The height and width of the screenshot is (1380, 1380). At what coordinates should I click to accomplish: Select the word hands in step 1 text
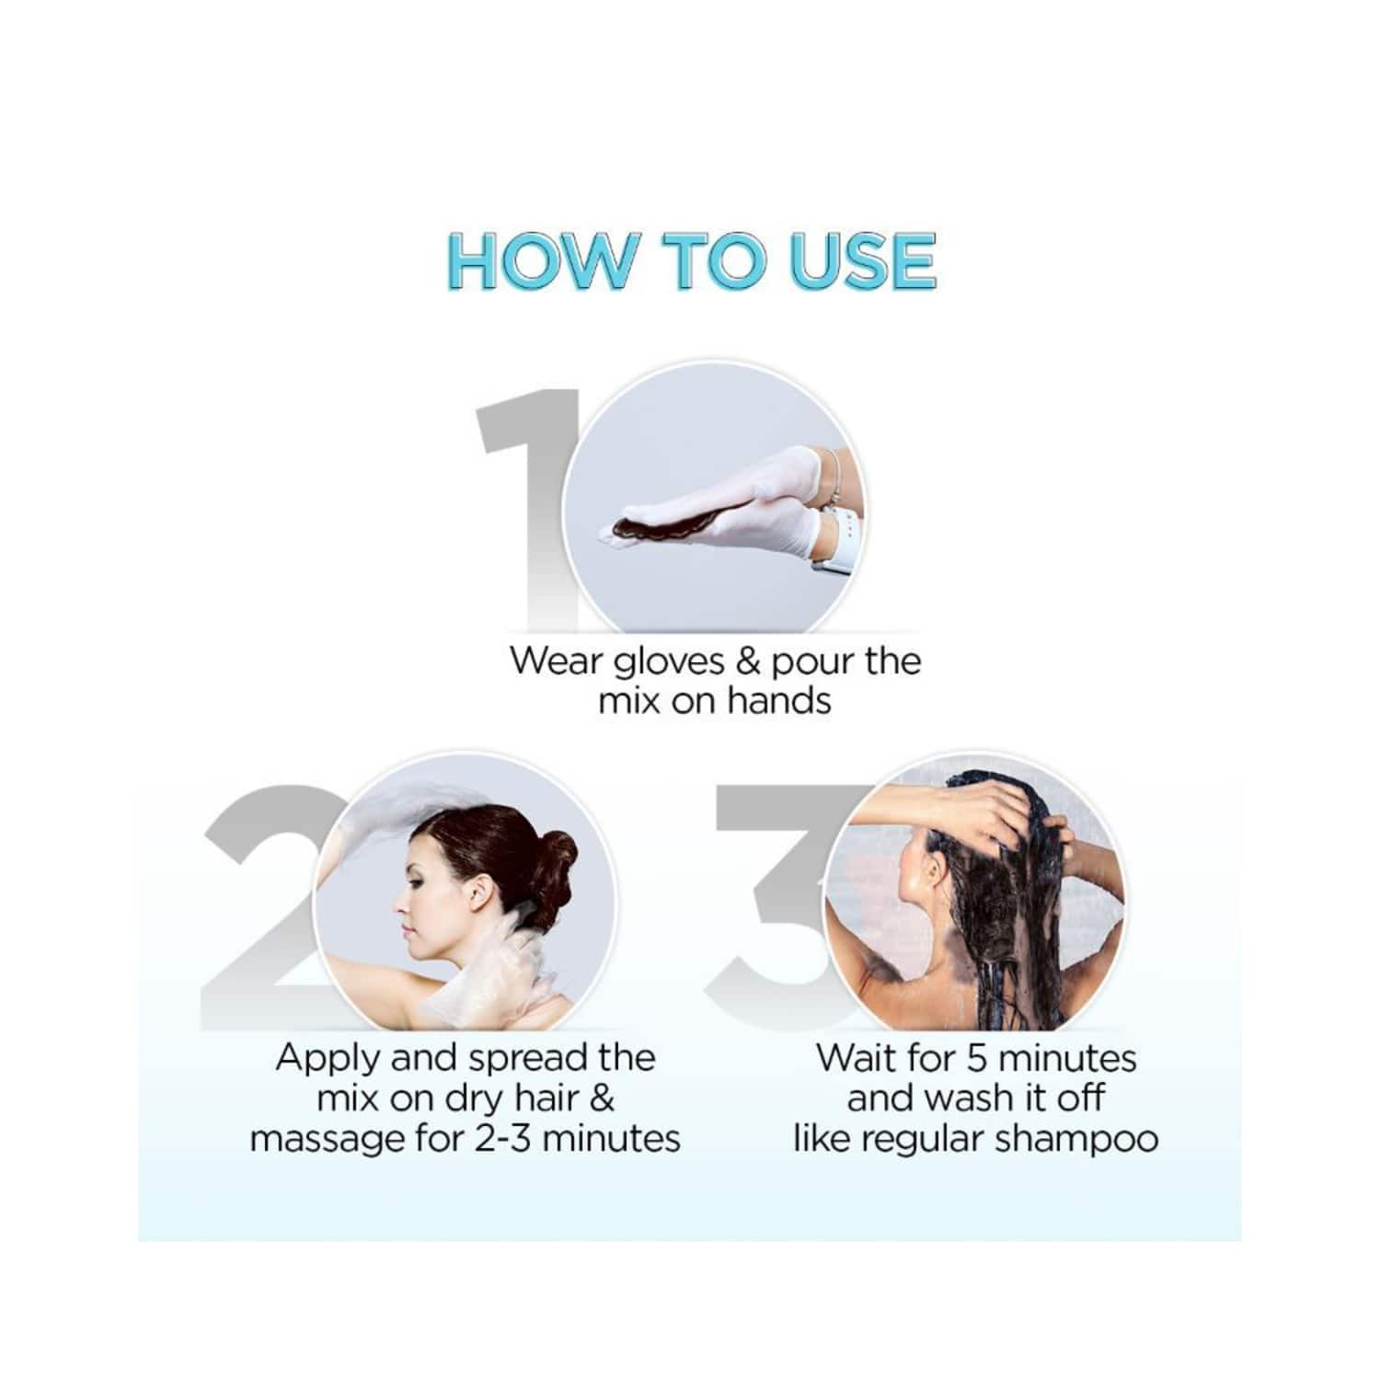coord(779,702)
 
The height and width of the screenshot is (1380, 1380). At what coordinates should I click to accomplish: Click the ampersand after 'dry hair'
coord(601,1098)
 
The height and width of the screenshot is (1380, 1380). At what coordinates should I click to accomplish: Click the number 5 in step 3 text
coord(977,1059)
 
